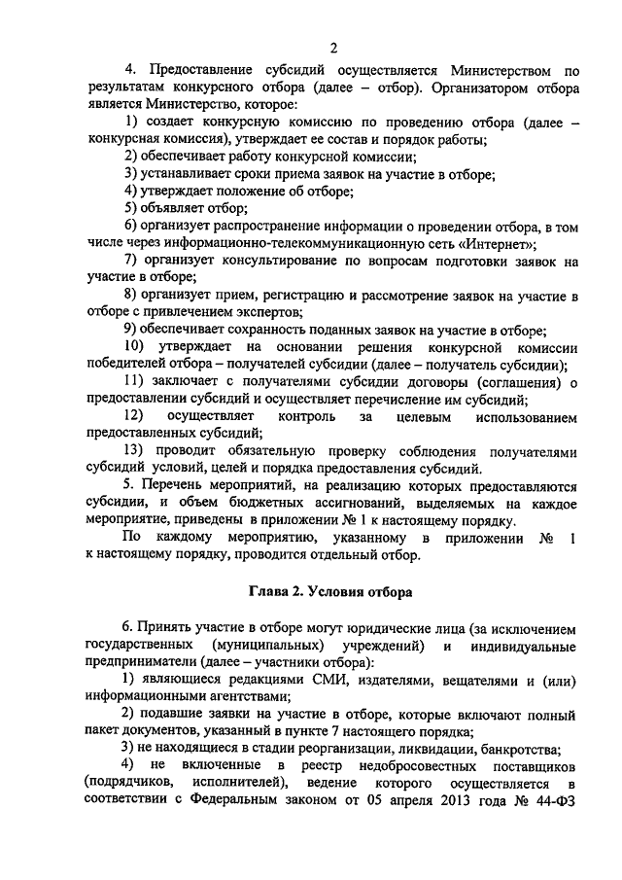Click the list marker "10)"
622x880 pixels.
[140, 348]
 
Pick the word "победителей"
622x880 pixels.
[127, 366]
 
